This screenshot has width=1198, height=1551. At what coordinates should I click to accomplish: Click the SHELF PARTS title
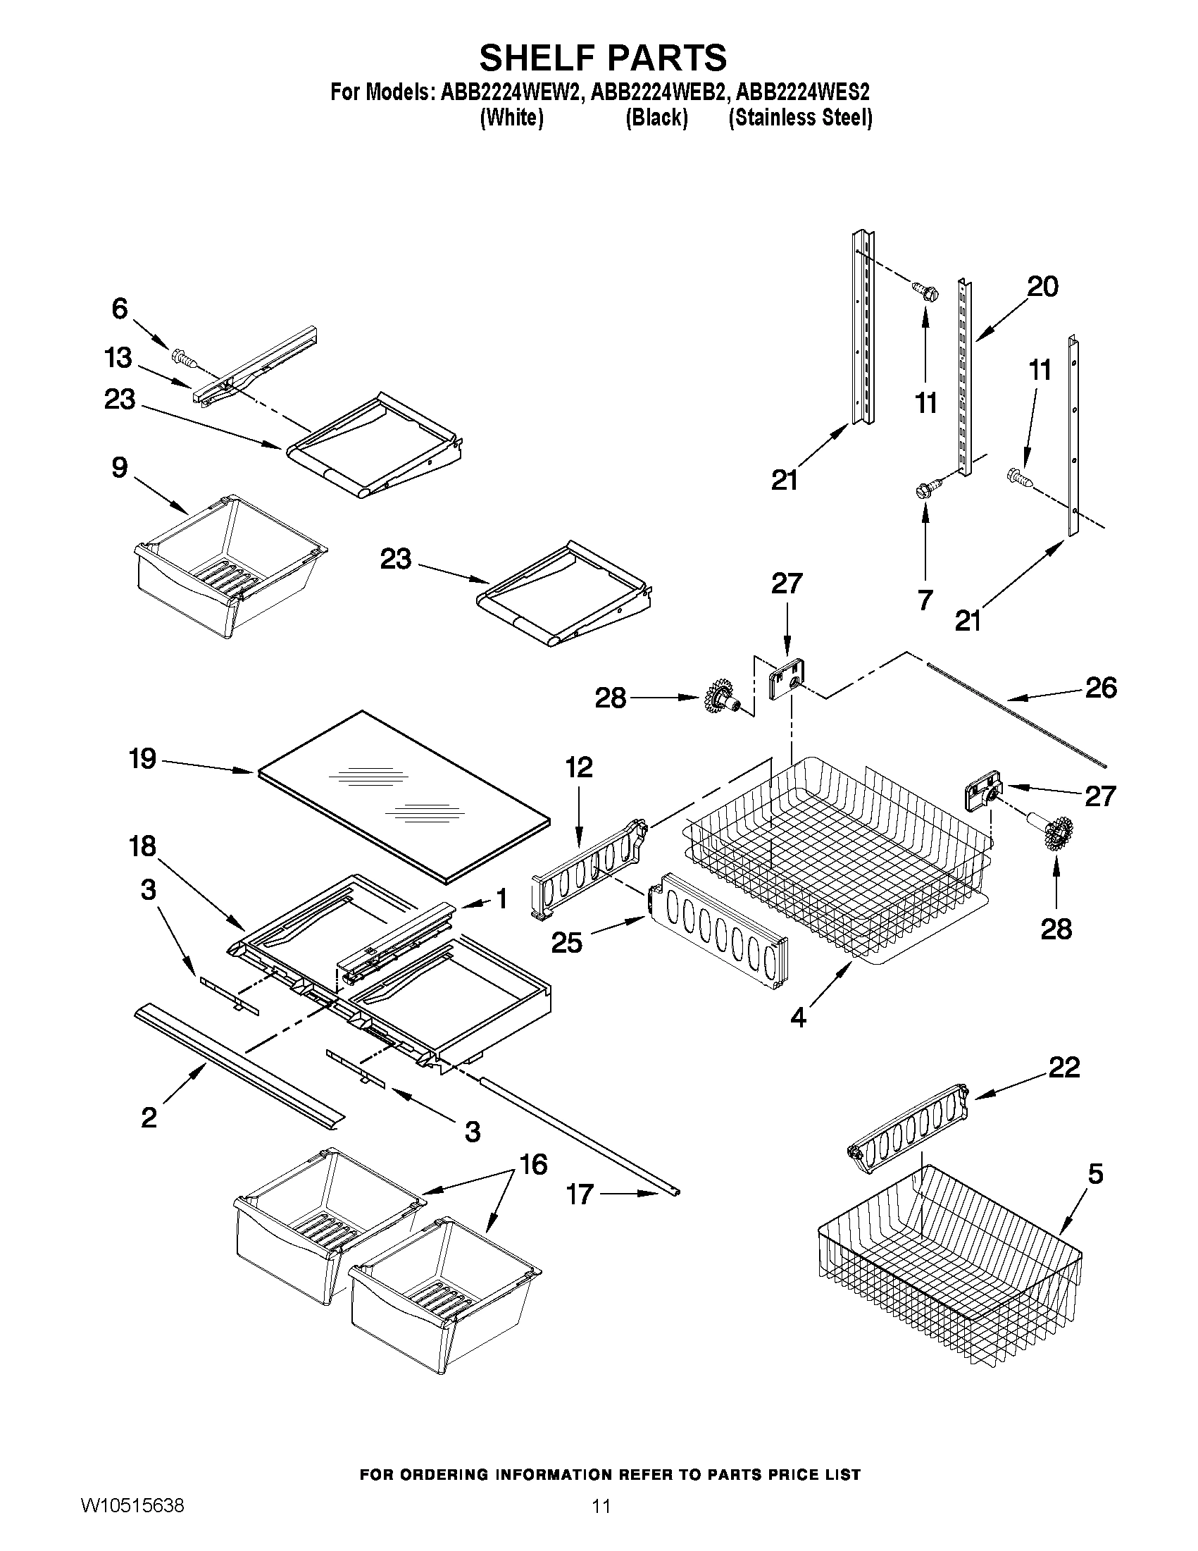(603, 57)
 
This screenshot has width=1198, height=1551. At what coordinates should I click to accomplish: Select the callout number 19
(142, 758)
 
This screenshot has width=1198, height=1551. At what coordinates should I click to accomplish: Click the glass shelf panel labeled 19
(404, 796)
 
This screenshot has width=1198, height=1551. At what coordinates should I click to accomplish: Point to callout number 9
(119, 467)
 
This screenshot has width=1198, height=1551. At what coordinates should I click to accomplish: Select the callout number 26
(1101, 688)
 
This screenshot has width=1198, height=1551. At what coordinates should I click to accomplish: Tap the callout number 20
(1042, 286)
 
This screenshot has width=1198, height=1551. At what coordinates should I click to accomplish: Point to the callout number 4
(799, 1018)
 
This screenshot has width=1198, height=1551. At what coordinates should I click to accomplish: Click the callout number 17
(579, 1194)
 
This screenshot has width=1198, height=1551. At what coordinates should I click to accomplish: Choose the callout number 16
(534, 1165)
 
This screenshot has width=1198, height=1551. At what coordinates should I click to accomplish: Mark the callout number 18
(142, 846)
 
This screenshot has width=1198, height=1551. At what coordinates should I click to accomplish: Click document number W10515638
(132, 1521)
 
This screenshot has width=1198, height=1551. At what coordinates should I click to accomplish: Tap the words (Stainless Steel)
(800, 117)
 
